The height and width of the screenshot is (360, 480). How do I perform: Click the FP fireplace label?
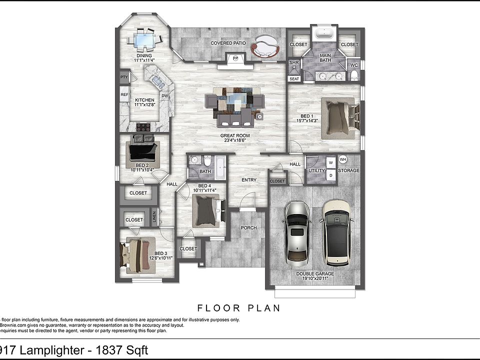point(235,58)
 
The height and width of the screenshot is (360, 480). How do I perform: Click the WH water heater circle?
point(343,160)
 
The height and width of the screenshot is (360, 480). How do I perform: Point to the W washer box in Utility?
point(330,163)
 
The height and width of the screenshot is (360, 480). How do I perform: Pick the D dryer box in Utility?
point(330,175)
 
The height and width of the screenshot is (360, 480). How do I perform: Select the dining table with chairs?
point(145,39)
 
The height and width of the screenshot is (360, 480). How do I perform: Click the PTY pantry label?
point(123,77)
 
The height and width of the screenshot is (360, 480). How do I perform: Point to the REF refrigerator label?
point(124,94)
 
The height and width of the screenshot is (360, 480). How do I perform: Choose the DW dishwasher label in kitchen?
point(164,95)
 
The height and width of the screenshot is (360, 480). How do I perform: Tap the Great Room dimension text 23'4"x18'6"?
point(235,140)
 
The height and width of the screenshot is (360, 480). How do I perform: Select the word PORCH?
point(248,228)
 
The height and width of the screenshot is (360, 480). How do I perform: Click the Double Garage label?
point(315,274)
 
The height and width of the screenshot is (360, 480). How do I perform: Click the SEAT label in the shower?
point(294,79)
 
